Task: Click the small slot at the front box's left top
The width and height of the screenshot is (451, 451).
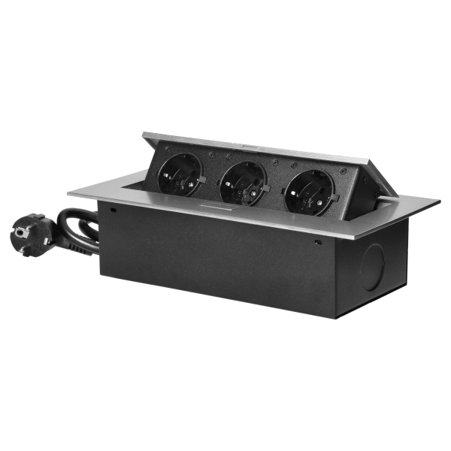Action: click(112, 213)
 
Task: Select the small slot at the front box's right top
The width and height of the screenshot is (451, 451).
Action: click(319, 242)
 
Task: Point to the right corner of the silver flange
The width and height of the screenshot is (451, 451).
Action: click(439, 201)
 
